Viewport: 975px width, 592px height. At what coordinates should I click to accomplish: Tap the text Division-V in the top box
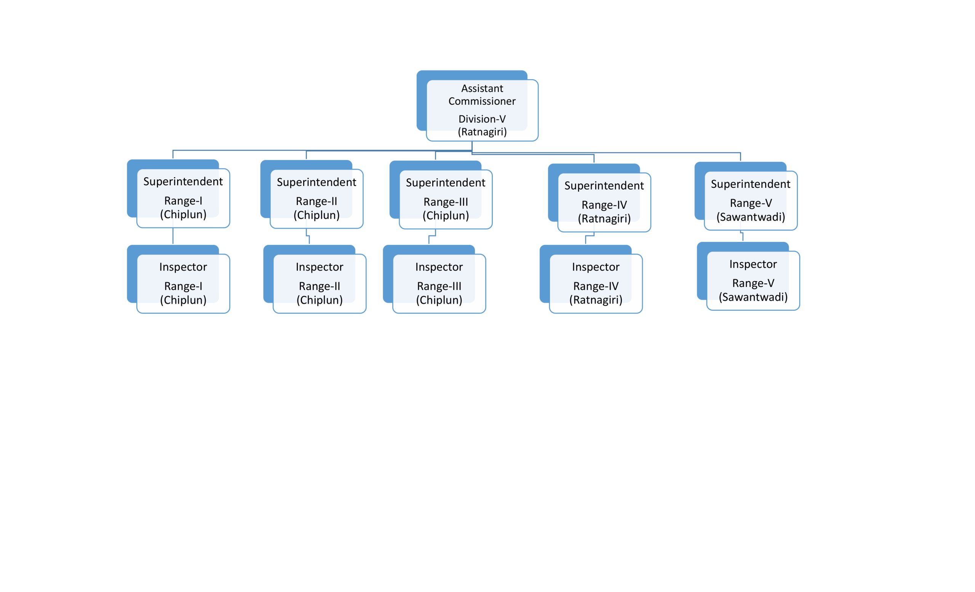[x=482, y=119]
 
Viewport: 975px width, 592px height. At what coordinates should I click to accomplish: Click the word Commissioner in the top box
[x=482, y=101]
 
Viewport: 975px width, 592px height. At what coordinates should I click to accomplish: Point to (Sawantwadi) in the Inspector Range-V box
[x=753, y=297]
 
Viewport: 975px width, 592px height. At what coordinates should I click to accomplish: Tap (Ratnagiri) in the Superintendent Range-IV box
[x=604, y=218]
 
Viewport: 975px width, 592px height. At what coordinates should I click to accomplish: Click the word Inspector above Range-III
[x=439, y=267]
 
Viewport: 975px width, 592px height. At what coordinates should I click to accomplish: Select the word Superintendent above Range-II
[x=316, y=182]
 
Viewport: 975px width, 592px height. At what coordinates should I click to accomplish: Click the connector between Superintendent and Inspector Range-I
[x=173, y=236]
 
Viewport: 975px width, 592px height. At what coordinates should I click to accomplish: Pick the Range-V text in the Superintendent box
[x=751, y=203]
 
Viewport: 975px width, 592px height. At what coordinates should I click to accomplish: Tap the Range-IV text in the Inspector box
[x=596, y=286]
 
